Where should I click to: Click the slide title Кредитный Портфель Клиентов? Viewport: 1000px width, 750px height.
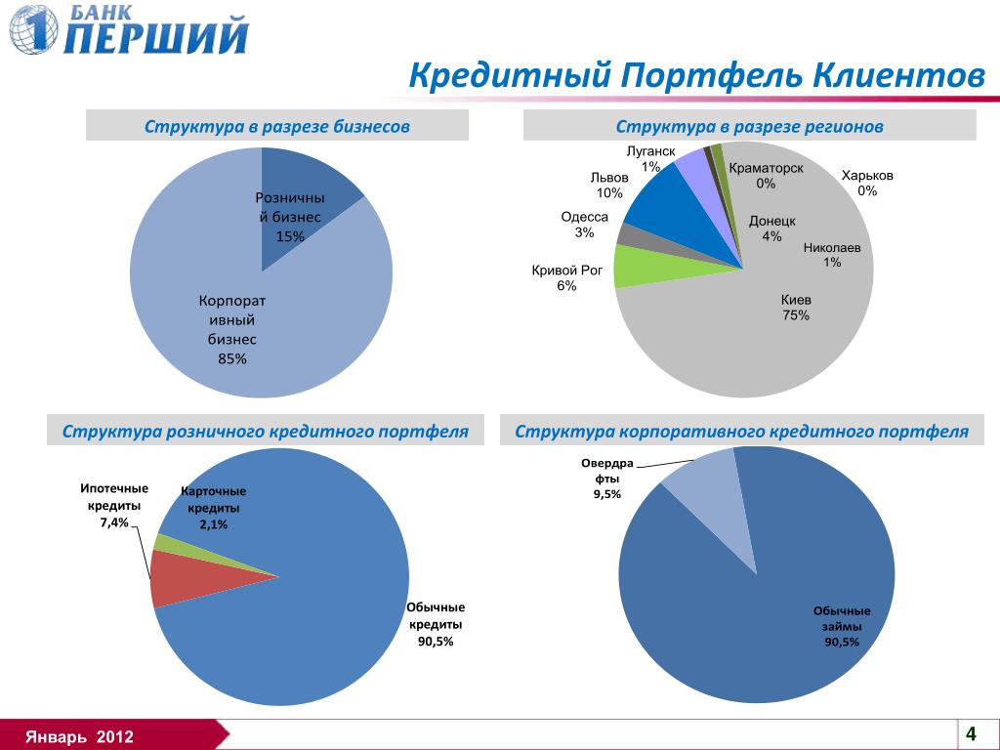click(x=696, y=76)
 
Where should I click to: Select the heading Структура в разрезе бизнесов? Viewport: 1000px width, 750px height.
click(x=277, y=127)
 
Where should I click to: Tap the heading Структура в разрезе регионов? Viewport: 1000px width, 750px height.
click(x=749, y=127)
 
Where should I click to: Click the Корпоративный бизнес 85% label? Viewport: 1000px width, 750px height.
click(x=232, y=329)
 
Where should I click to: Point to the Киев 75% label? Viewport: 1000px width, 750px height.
click(x=796, y=308)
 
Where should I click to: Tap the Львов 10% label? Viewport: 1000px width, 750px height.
click(x=609, y=186)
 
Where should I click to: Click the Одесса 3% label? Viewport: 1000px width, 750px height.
click(x=585, y=225)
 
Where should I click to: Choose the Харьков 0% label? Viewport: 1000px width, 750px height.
click(x=867, y=184)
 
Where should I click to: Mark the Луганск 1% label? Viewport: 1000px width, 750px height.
click(x=650, y=159)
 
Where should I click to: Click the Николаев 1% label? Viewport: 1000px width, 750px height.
click(x=832, y=255)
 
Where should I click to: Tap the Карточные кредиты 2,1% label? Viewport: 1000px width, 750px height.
click(x=214, y=508)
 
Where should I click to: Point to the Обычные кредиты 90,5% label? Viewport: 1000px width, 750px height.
click(x=437, y=624)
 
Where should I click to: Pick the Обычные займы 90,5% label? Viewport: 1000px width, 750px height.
click(x=842, y=626)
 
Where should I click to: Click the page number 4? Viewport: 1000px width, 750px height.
click(x=971, y=733)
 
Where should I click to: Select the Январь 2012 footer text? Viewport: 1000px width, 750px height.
click(x=80, y=735)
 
